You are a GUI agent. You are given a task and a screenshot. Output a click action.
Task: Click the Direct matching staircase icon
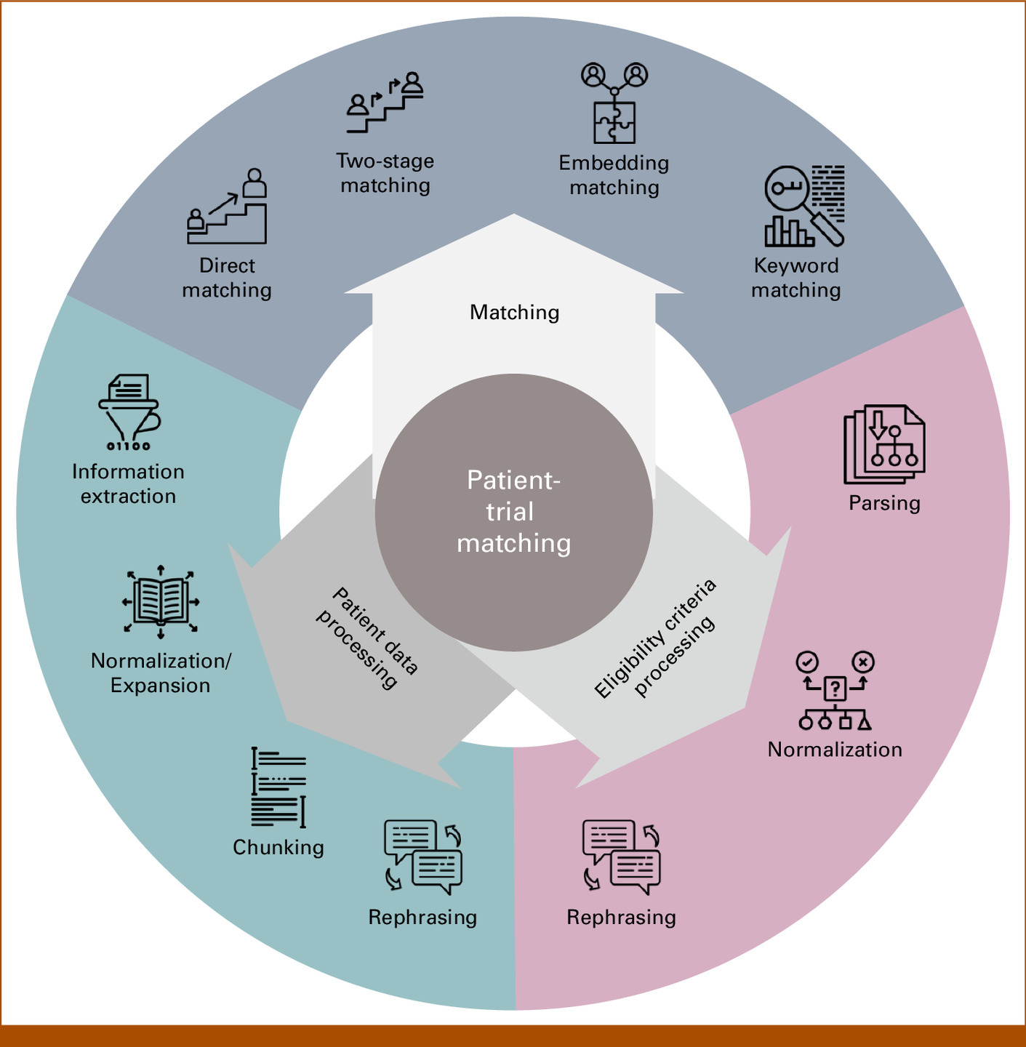click(227, 207)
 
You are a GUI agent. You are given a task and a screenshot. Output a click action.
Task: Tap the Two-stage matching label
click(385, 173)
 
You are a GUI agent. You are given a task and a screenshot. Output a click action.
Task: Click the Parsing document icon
click(884, 444)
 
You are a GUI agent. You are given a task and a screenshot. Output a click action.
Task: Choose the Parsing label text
click(884, 503)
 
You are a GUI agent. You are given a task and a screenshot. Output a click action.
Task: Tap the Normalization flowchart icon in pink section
click(835, 691)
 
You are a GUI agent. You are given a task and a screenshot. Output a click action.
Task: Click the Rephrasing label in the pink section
click(621, 917)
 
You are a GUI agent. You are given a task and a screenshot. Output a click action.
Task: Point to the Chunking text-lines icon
click(278, 787)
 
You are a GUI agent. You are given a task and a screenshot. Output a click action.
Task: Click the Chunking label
click(278, 847)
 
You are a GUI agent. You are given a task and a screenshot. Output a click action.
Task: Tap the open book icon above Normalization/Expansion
click(161, 601)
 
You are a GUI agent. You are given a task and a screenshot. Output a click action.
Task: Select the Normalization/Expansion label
click(161, 673)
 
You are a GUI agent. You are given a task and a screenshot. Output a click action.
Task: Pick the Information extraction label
click(128, 484)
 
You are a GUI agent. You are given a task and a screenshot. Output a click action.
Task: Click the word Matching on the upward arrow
click(515, 313)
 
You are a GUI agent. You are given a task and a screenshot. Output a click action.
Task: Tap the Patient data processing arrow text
click(367, 638)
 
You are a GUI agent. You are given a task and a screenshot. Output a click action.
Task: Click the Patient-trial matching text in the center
click(513, 512)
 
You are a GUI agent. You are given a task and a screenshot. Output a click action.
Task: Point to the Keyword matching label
click(796, 278)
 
